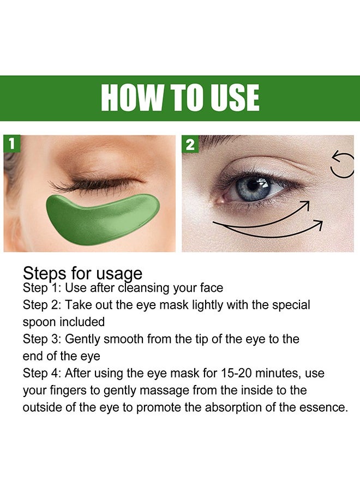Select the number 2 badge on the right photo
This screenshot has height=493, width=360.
tap(190, 145)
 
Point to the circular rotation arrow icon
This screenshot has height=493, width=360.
tap(343, 165)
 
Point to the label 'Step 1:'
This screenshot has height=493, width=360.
tap(42, 287)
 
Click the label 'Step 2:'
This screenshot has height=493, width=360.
tap(42, 305)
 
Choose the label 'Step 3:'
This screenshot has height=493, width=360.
tap(42, 339)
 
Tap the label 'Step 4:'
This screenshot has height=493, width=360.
tap(42, 374)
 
